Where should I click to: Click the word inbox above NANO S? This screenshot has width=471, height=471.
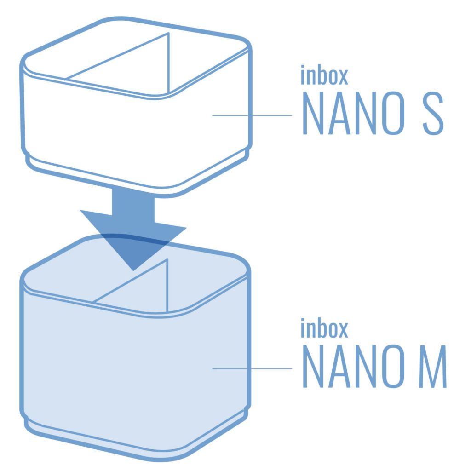(324, 75)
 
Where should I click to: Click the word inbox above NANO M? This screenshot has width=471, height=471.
(324, 328)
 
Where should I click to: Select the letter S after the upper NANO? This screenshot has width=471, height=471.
(433, 113)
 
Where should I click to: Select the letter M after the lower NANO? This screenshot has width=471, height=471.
(433, 366)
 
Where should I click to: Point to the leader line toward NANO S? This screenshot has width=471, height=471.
(252, 115)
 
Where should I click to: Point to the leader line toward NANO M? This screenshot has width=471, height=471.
(252, 368)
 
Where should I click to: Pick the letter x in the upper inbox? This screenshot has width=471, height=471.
(342, 77)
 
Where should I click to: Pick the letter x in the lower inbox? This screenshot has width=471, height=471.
(342, 330)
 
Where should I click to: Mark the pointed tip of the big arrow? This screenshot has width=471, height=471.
(133, 270)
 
